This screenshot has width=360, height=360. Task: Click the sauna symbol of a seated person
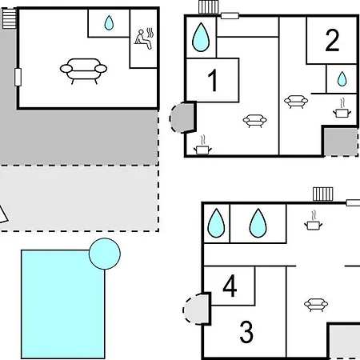pos(144,38)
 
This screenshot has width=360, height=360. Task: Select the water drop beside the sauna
pos(109,22)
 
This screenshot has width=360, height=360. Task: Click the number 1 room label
pos(213,80)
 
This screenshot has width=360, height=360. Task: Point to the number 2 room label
pos(332,40)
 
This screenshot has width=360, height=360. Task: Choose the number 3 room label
pos(246,332)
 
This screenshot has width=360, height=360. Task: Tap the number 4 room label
pos(230,286)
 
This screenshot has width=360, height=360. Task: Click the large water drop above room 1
pos(201,37)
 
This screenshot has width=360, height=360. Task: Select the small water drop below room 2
pos(342,78)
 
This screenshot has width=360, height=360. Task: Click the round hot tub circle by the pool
pos(105,254)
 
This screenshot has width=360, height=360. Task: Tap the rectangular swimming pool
pos(63,304)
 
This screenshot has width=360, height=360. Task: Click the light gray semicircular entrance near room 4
pos(196,310)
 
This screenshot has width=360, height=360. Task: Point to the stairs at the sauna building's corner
pos(10,18)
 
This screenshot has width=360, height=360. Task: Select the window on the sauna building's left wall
pos(18,77)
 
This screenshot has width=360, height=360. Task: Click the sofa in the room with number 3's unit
pos(316,305)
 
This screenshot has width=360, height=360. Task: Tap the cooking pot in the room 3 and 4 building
pos(314,221)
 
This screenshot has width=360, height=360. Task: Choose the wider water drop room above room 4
pos(258,223)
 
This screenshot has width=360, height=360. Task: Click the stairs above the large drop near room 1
pos(209,7)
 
